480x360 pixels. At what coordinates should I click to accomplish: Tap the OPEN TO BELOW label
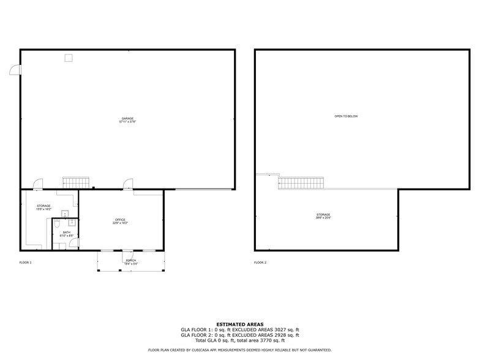coord(346,116)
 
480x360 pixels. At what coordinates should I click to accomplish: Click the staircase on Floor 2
coord(301,182)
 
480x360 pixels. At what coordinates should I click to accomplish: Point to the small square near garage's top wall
coord(69,58)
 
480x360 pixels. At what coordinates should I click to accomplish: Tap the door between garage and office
coord(128,184)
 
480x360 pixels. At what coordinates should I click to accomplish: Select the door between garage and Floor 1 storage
coord(38,184)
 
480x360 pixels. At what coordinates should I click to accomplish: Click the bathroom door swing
coord(73,243)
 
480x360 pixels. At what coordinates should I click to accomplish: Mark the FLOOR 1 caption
coord(26,263)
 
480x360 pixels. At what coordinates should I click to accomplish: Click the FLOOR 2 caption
coord(260,263)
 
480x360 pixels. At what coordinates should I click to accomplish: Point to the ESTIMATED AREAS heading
coord(240,324)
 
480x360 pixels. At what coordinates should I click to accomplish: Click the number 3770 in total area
coord(268,340)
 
